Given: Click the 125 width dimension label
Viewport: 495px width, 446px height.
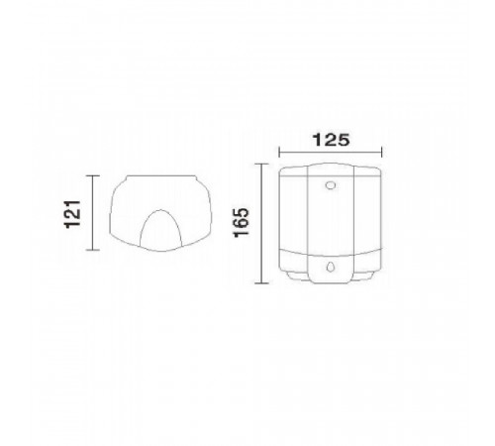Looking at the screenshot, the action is [331, 140].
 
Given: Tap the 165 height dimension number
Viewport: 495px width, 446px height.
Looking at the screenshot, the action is [242, 222].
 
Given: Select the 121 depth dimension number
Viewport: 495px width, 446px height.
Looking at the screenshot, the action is [72, 214].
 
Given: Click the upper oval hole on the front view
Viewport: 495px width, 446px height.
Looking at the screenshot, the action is [331, 185].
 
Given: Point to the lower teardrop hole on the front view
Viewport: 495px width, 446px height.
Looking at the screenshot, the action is [331, 267].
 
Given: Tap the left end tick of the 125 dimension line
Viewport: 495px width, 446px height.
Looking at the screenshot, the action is [279, 153].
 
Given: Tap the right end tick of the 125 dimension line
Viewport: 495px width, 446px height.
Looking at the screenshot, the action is [381, 153].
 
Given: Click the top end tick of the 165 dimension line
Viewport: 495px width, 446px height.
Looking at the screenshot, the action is [261, 165].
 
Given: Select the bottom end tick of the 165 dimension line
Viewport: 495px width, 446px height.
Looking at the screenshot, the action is [261, 282].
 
